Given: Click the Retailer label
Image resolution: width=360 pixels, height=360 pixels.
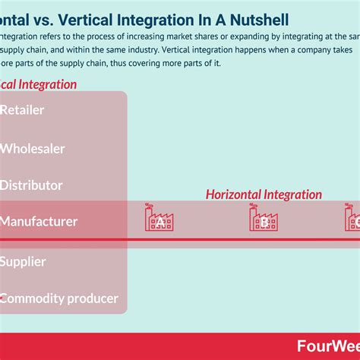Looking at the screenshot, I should point(22,110).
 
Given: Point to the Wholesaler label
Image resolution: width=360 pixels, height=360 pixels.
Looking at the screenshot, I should point(33,148).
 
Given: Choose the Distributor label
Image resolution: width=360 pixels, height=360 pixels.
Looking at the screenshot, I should point(31,185).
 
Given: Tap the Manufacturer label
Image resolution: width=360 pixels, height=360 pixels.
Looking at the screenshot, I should point(39,222).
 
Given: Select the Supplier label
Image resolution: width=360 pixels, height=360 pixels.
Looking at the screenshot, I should point(23,261).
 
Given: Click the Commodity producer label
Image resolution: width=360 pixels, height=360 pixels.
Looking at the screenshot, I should point(58,298).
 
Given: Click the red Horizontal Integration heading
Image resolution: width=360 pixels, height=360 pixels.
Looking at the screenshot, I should point(264,195).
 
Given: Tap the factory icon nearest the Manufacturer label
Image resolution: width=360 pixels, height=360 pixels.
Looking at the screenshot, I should point(159,219).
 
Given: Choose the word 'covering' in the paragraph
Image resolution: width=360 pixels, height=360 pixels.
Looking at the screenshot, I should point(152,63).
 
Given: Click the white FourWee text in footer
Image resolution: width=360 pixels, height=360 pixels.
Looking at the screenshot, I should point(324,346).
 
